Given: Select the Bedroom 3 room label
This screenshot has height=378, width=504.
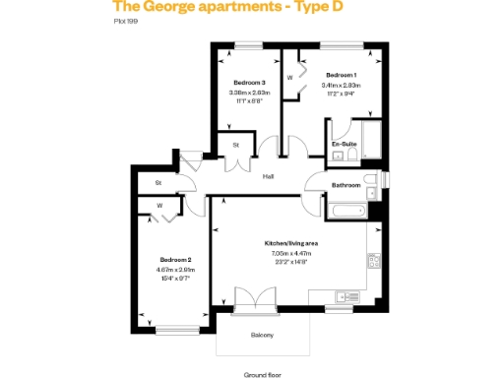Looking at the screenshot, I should (250, 82).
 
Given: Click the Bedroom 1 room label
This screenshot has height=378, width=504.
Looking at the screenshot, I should (342, 75).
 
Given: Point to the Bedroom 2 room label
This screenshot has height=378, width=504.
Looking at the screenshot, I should (173, 261).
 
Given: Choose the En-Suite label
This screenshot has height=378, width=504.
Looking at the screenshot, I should (344, 144).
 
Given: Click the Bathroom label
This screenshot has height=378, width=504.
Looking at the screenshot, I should (346, 184).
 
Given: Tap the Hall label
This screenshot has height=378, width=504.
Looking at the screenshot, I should (268, 176).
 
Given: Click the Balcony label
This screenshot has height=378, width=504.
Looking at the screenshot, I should (262, 336).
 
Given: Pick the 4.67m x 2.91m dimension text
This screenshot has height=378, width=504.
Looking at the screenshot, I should (173, 270).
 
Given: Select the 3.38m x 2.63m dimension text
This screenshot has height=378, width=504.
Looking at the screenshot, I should (249, 93).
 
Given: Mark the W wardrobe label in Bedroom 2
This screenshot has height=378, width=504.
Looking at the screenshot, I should (158, 206).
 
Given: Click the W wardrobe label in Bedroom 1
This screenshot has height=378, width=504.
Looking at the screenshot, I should (289, 77).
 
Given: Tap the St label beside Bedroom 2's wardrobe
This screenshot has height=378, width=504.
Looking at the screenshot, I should (158, 183).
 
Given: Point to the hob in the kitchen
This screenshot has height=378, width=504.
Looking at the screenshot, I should (374, 261).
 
